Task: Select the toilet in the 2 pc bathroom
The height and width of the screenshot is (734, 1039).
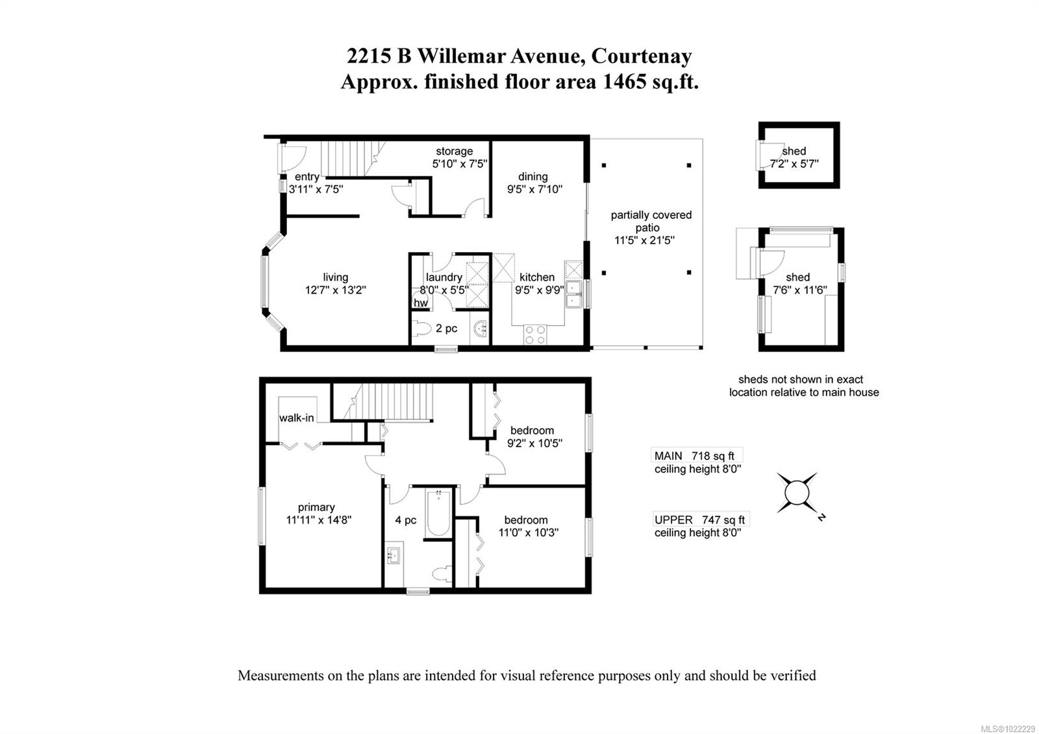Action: pos(423,329)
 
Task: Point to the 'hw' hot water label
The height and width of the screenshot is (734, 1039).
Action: pos(420,303)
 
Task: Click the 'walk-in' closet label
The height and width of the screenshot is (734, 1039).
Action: pos(296,418)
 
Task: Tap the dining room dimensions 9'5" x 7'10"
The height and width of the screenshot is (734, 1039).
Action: pos(534,190)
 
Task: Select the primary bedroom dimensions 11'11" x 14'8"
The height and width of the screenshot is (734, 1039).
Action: pos(319,520)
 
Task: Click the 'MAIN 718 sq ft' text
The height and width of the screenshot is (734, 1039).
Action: pos(694,456)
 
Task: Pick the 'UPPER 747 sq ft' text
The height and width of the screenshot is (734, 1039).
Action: pos(699,520)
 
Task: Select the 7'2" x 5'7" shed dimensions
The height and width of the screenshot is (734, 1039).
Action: pos(794,164)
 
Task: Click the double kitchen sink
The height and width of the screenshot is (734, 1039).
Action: pos(573,294)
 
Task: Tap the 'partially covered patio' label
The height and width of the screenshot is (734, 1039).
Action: pos(651,221)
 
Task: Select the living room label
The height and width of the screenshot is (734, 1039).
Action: pos(335,277)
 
